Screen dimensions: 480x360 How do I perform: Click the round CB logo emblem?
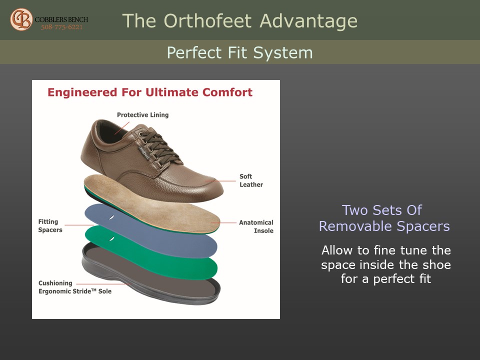[x=21, y=19]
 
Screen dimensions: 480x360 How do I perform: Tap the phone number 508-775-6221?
[x=62, y=27]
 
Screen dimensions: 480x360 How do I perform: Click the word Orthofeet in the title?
[x=207, y=21]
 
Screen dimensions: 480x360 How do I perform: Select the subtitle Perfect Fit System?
[x=239, y=52]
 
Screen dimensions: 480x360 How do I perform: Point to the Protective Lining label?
[x=142, y=115]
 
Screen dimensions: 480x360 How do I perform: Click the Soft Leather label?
[x=251, y=180]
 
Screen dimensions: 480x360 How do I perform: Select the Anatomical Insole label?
[x=256, y=226]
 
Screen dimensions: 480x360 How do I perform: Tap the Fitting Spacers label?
[x=50, y=225]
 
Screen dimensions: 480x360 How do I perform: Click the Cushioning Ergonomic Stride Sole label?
[x=74, y=287]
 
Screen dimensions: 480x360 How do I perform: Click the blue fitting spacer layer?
[x=150, y=230]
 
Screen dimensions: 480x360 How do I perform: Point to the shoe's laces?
[x=159, y=147]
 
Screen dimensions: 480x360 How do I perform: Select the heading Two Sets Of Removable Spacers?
[x=384, y=218]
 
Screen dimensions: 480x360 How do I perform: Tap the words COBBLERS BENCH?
[x=61, y=19]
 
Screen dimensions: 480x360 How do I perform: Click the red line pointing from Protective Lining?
[x=122, y=128]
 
